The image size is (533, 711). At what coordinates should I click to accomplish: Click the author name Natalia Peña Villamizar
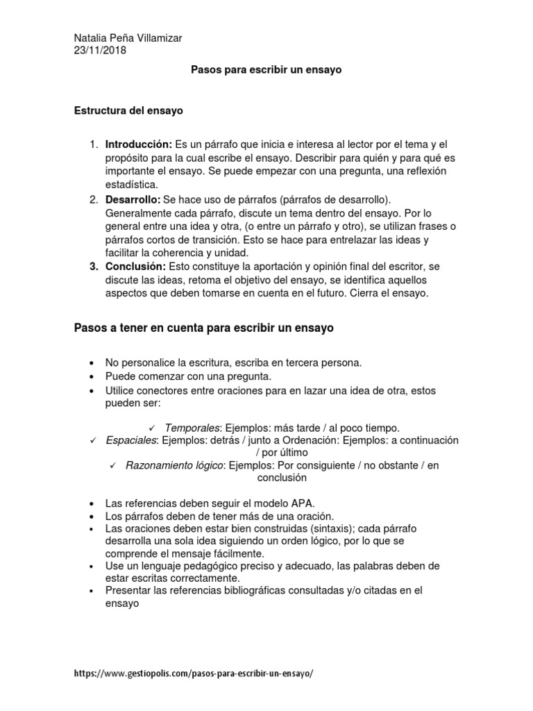coord(128,37)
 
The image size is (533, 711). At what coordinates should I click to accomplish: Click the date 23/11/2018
coord(100,50)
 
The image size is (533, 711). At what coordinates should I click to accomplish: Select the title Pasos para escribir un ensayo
coord(266,71)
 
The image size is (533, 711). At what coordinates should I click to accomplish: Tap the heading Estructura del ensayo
coord(128,110)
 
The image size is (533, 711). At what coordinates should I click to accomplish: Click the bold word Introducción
coord(138,144)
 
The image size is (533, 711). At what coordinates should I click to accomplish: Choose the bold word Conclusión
coord(135,267)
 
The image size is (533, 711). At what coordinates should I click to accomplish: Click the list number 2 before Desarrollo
coord(93,200)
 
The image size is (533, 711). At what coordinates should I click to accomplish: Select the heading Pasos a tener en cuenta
coord(204,328)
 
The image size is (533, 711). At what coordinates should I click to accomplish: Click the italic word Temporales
coord(192,428)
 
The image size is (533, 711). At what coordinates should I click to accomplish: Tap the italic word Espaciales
coord(131,440)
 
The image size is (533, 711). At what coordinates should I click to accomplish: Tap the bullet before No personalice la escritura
coord(92,363)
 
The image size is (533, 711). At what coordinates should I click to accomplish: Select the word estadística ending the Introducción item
coord(131,184)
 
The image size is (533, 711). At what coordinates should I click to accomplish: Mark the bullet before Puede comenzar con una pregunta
coord(92,376)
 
